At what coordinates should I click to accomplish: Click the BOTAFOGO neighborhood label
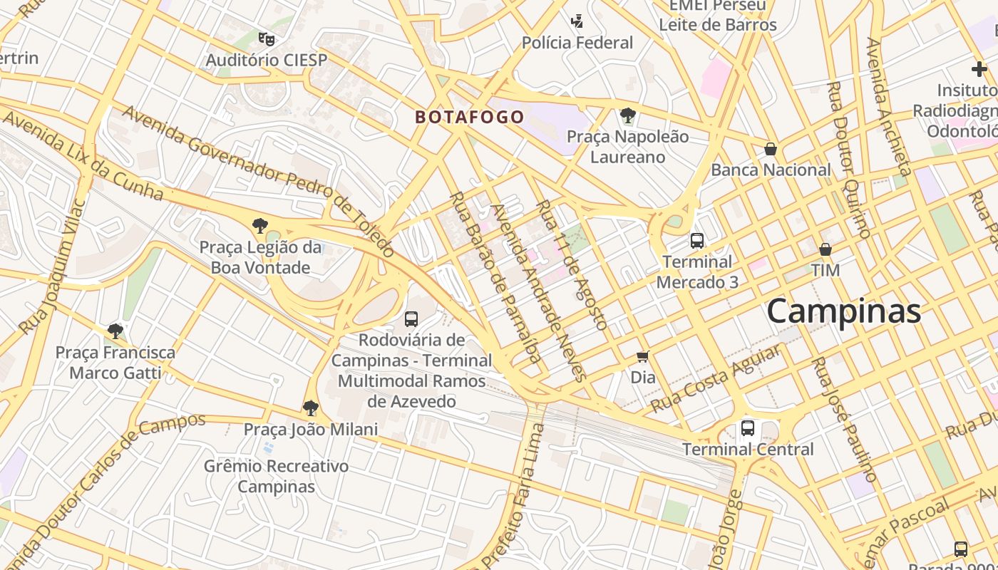pyautogui.click(x=470, y=117)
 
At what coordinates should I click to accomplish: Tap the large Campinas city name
pyautogui.click(x=843, y=311)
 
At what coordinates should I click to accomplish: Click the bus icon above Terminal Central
pyautogui.click(x=747, y=428)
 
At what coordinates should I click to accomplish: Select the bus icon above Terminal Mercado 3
pyautogui.click(x=696, y=241)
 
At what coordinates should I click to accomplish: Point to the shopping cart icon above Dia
pyautogui.click(x=643, y=356)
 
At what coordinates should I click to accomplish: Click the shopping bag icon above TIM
pyautogui.click(x=825, y=249)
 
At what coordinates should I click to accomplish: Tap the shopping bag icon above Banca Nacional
pyautogui.click(x=770, y=149)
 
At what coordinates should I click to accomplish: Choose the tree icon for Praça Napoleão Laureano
pyautogui.click(x=627, y=115)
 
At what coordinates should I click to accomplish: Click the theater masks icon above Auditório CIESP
pyautogui.click(x=266, y=38)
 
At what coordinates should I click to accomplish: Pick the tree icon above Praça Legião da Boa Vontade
pyautogui.click(x=260, y=226)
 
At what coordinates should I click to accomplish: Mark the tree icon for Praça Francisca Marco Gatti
pyautogui.click(x=115, y=331)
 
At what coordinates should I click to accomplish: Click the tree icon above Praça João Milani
pyautogui.click(x=310, y=408)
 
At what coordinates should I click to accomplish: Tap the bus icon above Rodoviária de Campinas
pyautogui.click(x=411, y=318)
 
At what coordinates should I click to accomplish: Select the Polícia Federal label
pyautogui.click(x=577, y=43)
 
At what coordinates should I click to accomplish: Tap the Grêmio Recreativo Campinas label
pyautogui.click(x=276, y=477)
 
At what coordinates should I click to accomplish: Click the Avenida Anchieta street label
pyautogui.click(x=888, y=106)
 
